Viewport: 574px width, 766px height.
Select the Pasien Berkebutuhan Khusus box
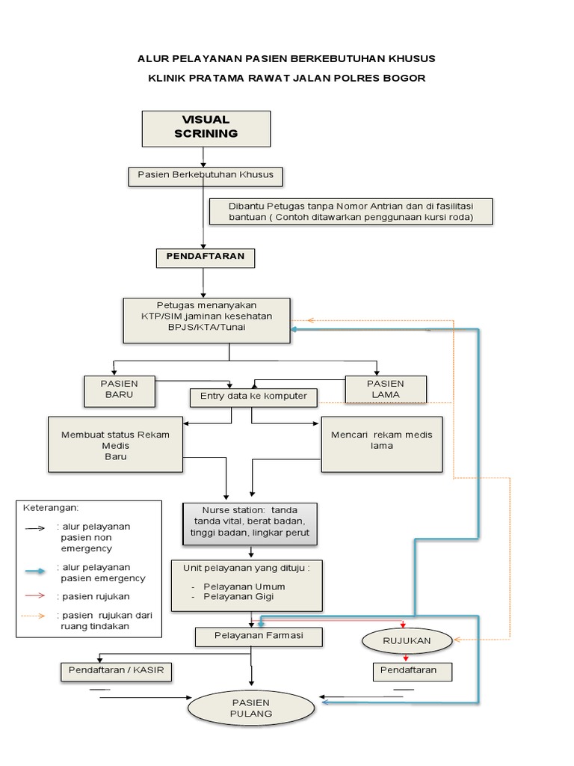[206, 176]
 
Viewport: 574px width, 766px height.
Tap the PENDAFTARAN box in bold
[206, 258]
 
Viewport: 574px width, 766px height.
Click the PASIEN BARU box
[120, 389]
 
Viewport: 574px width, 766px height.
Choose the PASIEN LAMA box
[386, 389]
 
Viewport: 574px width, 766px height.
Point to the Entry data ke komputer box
[253, 396]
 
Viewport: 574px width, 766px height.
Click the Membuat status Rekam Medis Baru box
[115, 444]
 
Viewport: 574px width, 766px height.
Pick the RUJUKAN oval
[407, 641]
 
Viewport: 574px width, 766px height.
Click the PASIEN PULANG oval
[250, 708]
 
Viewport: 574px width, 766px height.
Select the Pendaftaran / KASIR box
[116, 672]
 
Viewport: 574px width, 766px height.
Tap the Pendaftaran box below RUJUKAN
[413, 671]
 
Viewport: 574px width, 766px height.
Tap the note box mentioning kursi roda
[351, 212]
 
